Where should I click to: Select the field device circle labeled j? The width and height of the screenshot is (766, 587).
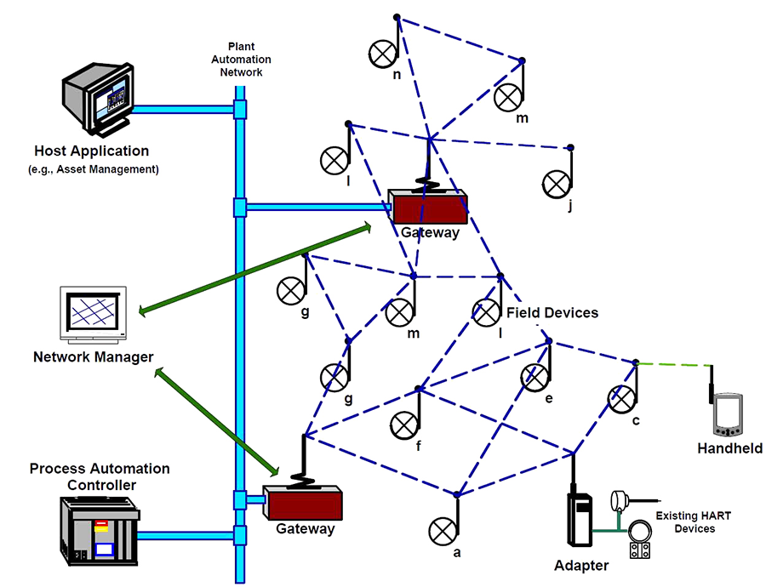click(556, 182)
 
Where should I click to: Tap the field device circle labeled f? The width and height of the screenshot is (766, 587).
click(404, 424)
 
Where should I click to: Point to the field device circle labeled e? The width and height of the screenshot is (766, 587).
click(534, 376)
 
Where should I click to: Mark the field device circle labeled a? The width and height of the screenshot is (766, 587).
click(443, 531)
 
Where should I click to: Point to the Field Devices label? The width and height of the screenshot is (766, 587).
click(552, 313)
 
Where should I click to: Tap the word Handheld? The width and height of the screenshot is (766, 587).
click(729, 448)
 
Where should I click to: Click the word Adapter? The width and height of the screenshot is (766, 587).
click(581, 566)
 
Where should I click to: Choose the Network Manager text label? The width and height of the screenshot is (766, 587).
click(94, 356)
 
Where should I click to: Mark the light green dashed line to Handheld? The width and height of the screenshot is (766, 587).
click(674, 365)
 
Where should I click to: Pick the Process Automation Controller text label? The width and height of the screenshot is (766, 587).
click(100, 476)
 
